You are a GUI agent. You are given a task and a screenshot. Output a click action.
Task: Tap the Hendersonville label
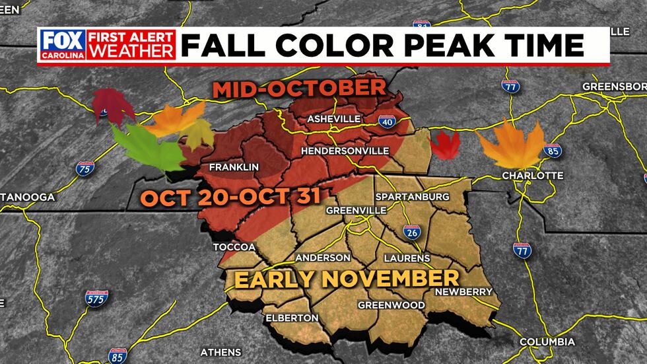pos(345,151)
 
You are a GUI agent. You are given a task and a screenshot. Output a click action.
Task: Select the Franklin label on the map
pos(233,167)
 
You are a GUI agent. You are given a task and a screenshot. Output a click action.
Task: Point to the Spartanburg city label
pos(412,197)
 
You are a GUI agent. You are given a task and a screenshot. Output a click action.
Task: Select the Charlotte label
pos(533,176)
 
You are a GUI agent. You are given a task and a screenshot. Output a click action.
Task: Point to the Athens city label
pos(221,351)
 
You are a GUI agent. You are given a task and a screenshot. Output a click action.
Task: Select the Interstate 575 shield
pos(96,299)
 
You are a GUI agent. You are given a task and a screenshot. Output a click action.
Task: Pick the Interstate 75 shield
pos(84,168)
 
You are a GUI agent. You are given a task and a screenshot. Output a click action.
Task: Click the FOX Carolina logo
pos(62,46)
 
